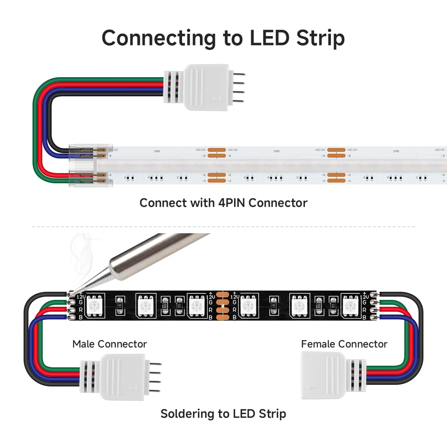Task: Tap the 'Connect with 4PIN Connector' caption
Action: pyautogui.click(x=223, y=203)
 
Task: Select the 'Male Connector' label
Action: pyautogui.click(x=109, y=344)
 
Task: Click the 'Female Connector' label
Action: pyautogui.click(x=344, y=344)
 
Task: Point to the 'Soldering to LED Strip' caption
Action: pyautogui.click(x=223, y=414)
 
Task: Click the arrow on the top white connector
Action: pyautogui.click(x=218, y=99)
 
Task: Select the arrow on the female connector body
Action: pyautogui.click(x=310, y=387)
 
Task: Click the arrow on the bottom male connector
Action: pyautogui.click(x=135, y=389)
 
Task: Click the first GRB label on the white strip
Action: pyautogui.click(x=157, y=151)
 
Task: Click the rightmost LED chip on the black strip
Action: pyautogui.click(x=351, y=305)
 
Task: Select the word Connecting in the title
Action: pyautogui.click(x=158, y=38)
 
